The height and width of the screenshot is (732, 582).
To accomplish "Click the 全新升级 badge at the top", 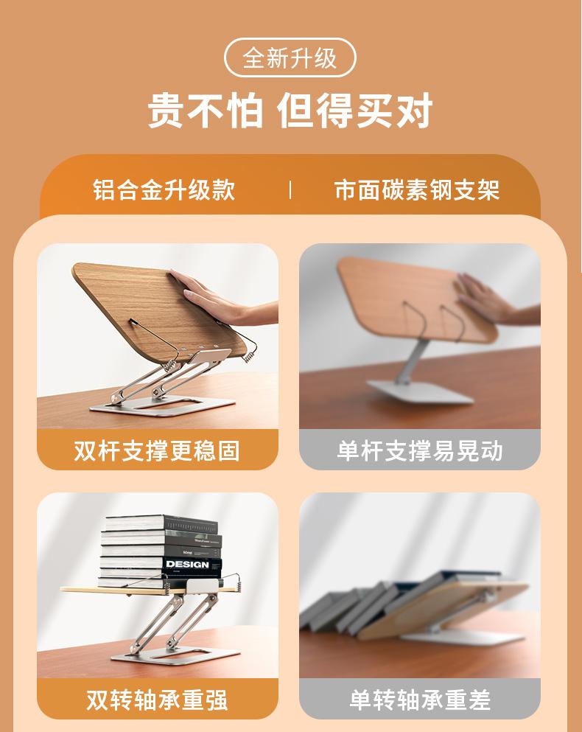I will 290,58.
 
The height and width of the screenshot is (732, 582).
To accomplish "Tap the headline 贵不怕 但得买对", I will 290,111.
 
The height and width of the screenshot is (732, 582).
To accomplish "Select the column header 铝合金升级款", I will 164,189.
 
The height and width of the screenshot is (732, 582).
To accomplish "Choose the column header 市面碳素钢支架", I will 417,189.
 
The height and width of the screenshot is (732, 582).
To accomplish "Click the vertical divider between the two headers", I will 290,189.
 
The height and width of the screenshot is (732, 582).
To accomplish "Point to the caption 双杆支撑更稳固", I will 157,450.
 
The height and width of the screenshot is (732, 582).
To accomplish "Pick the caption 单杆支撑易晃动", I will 419,450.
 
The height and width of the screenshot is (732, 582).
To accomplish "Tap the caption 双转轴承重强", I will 157,699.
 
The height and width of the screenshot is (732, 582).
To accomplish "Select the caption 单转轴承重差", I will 419,699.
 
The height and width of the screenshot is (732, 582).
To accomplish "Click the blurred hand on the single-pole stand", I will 483,297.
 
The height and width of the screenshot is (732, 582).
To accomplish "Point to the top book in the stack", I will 162,523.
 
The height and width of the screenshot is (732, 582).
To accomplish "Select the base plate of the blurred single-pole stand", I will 420,391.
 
